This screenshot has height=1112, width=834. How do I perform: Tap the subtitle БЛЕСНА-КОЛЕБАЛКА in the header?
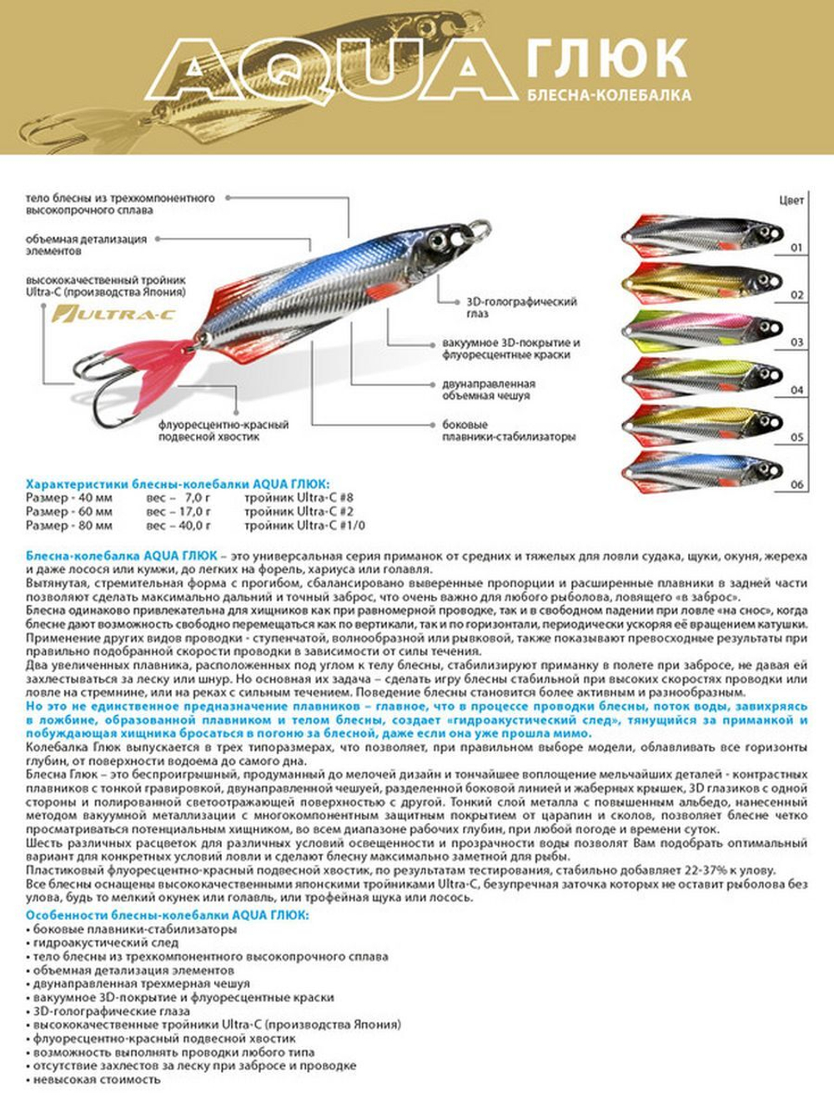610,95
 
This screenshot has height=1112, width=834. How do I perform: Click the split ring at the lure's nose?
479,229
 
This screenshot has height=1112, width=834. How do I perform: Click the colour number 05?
797,437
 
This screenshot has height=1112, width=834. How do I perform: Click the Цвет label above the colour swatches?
791,200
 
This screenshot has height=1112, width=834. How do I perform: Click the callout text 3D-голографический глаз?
521,307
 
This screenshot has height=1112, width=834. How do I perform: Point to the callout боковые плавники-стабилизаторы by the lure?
509,430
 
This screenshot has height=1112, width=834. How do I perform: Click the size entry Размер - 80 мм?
69,526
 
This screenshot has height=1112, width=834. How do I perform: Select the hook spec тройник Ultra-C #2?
299,511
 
